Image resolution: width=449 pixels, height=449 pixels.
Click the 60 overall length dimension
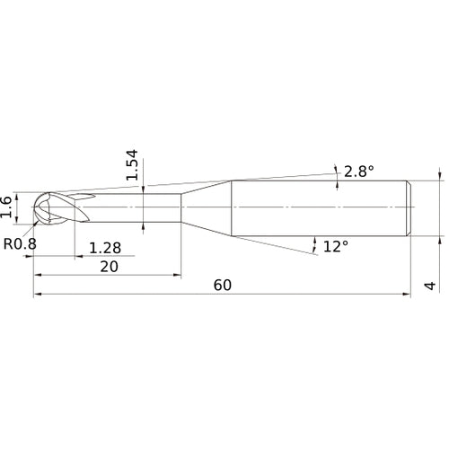point(223,286)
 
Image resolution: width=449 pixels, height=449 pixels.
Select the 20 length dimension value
point(109,267)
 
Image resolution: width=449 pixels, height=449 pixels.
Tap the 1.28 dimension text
point(105,248)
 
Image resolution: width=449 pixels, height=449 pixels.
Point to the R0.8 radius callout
point(20,244)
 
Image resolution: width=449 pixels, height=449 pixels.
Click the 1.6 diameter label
point(6,207)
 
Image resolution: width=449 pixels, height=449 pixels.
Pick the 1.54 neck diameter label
point(132,164)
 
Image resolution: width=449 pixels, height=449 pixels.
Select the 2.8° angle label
point(359,172)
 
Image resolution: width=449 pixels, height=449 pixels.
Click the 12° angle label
point(336,247)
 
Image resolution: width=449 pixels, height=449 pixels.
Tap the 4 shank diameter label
point(430,286)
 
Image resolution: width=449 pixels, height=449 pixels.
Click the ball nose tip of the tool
point(33,207)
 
